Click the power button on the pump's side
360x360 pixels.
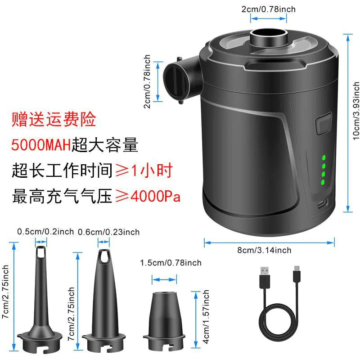tap(324, 123)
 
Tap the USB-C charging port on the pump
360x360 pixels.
tap(323, 203)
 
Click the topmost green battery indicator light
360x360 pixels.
tap(324, 158)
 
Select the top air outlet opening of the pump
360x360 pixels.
tap(268, 33)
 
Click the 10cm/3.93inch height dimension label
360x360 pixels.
tap(356, 111)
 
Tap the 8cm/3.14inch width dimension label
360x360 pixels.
tap(264, 250)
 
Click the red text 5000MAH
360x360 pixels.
tap(41, 145)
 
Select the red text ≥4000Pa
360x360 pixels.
tap(148, 196)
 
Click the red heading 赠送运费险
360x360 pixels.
tap(54, 119)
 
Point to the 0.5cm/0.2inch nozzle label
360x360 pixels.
tap(45, 231)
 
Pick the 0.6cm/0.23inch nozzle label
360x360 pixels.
tap(108, 232)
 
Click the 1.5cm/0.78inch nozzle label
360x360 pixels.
tap(171, 263)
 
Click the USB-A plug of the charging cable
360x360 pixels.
tap(265, 277)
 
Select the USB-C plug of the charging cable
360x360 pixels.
tap(297, 275)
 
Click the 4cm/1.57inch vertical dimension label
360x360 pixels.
tap(206, 317)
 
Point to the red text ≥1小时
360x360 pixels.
tap(144, 171)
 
